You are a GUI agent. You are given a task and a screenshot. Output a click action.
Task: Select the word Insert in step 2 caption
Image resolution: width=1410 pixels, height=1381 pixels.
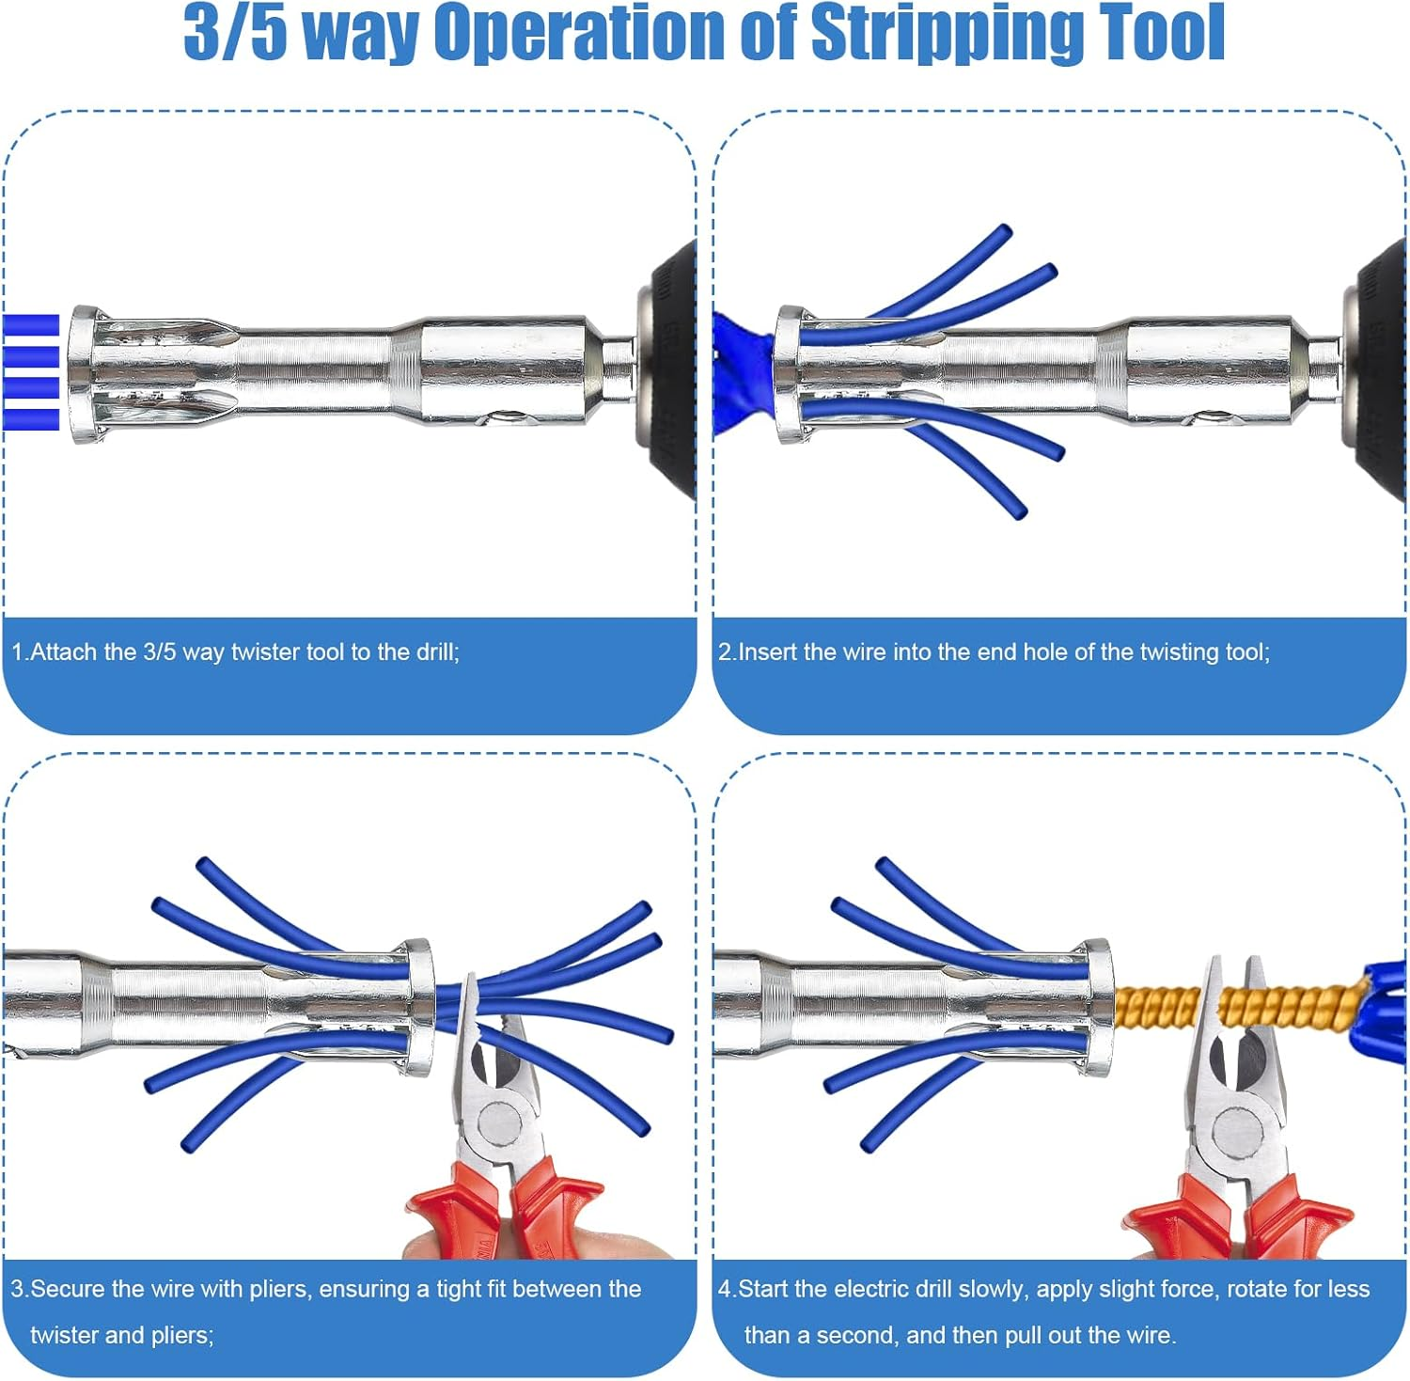768,651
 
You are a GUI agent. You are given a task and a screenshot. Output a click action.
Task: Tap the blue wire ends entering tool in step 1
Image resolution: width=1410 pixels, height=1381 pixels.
31,372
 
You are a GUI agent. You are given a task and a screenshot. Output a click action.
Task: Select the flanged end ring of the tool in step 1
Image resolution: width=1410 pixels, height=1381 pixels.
83,374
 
